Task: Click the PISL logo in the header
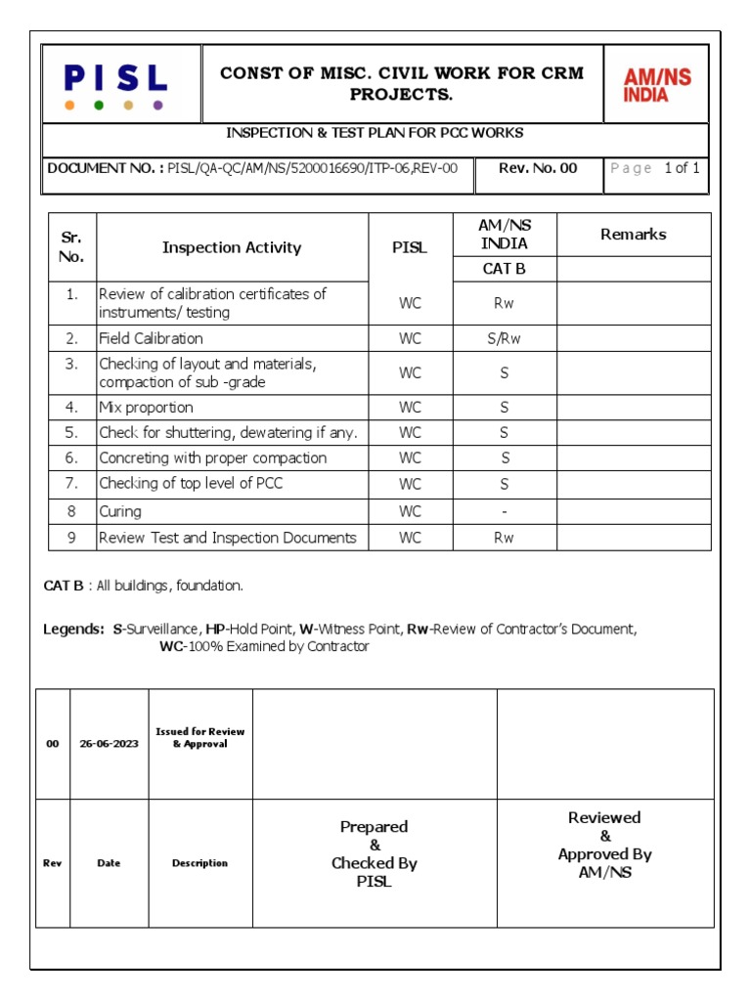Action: [x=115, y=79]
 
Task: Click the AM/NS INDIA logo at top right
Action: [x=657, y=85]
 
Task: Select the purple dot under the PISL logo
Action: [x=158, y=105]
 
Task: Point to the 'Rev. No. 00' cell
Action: [x=538, y=168]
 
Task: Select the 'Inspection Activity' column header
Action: [x=232, y=248]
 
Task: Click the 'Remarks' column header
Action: [x=634, y=235]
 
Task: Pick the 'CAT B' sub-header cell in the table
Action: [x=505, y=269]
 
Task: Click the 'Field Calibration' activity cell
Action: [x=151, y=338]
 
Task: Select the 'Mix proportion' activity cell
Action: [x=146, y=408]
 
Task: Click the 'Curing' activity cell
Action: [x=120, y=511]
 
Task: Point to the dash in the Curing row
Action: [x=505, y=511]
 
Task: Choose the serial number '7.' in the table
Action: [x=71, y=484]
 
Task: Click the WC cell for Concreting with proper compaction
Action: [x=411, y=458]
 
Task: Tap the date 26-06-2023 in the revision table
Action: [x=109, y=744]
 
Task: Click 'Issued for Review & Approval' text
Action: [x=200, y=738]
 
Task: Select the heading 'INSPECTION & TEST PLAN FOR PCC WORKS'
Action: [x=375, y=133]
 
